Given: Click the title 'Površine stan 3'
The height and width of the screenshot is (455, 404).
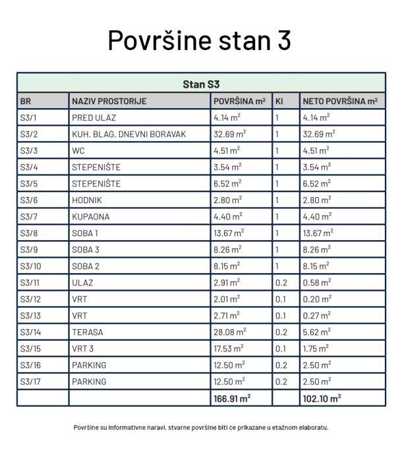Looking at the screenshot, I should pos(200,41).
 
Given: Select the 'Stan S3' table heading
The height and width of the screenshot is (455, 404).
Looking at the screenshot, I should pos(201,85).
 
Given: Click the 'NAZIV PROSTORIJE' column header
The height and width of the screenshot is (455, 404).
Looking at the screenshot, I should pos(109,102).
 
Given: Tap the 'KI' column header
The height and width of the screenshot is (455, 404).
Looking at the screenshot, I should pos(279,102).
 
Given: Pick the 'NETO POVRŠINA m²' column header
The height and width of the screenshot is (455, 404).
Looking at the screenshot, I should pos(340,102).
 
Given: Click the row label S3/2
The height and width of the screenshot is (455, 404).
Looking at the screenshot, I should pos(28,135).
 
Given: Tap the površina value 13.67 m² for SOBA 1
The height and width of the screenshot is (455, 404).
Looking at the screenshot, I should pos(228,233).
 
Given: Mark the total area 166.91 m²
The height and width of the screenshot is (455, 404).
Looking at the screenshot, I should pos(232,398).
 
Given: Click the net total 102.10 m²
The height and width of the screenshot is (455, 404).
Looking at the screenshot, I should pos(322,398).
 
